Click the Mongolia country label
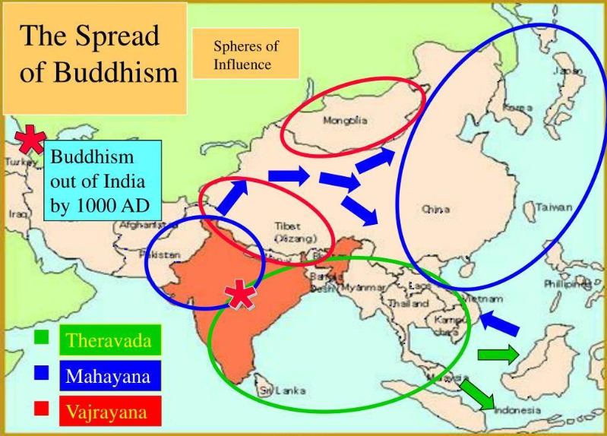345,121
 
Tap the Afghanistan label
141,226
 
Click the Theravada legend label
108,340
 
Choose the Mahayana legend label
108,375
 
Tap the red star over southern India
241,294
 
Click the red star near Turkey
30,141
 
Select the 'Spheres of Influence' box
245,55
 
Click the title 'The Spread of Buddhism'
94,55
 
